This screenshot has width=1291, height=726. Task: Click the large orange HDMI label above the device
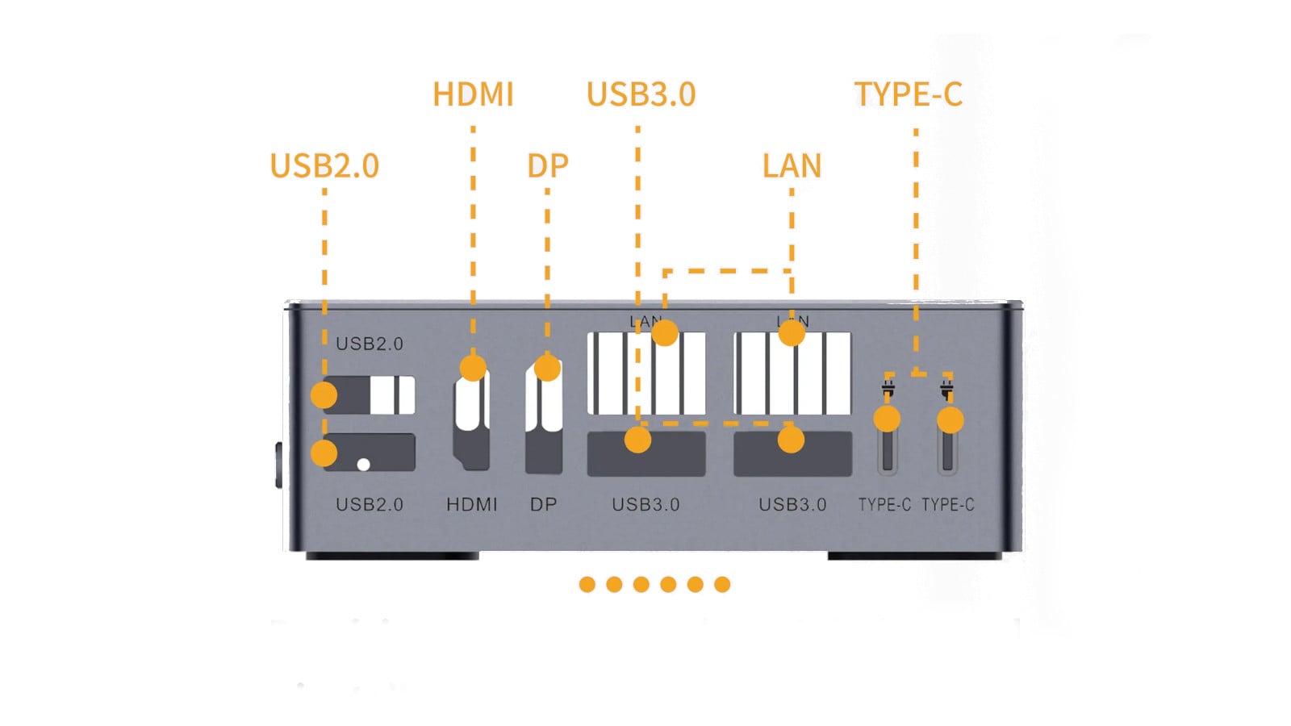point(473,94)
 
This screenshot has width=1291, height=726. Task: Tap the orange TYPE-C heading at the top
point(908,94)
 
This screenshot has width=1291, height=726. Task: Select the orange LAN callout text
point(792,166)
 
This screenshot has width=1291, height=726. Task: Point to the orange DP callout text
point(547,166)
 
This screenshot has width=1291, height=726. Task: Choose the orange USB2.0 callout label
point(324,166)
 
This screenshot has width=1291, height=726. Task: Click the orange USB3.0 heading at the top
point(641,94)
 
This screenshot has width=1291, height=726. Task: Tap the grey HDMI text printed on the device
point(472,505)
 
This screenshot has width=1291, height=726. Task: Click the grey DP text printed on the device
point(543,505)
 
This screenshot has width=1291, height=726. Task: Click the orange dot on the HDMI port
point(473,368)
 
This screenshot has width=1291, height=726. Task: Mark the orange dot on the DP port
point(547,368)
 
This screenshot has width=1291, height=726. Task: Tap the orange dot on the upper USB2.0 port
point(324,395)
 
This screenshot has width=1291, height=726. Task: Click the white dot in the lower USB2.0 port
point(363,465)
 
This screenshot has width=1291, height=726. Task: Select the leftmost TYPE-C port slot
point(888,448)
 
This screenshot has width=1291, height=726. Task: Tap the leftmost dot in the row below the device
point(587,585)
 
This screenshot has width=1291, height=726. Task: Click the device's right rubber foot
point(914,556)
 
